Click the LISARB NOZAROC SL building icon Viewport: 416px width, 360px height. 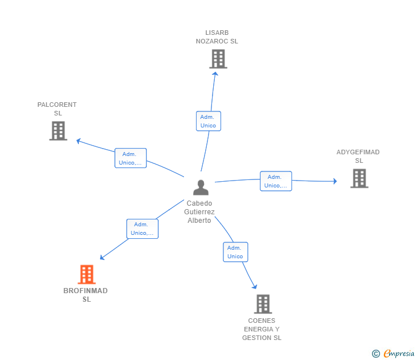pyautogui.click(x=218, y=59)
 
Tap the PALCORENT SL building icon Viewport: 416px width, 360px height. pyautogui.click(x=58, y=131)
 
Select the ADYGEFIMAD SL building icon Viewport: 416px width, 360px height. pyautogui.click(x=359, y=178)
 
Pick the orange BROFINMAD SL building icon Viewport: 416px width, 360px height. pyautogui.click(x=86, y=274)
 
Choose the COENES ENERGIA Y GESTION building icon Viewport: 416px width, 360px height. pyautogui.click(x=262, y=304)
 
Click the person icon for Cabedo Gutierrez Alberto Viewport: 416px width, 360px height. pyautogui.click(x=201, y=187)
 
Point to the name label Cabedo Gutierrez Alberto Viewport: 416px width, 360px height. pyautogui.click(x=199, y=212)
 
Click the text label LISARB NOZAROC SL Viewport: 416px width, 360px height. pyautogui.click(x=217, y=37)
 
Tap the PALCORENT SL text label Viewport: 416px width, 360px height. pyautogui.click(x=57, y=109)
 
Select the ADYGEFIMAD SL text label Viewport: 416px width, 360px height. pyautogui.click(x=358, y=156)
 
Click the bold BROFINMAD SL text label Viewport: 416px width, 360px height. pyautogui.click(x=86, y=295)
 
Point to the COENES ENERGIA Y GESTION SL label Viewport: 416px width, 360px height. pyautogui.click(x=262, y=329)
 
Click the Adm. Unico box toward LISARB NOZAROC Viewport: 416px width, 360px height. pyautogui.click(x=208, y=121)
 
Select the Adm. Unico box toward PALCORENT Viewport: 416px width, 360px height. pyautogui.click(x=131, y=158)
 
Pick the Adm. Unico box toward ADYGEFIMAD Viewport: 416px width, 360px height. pyautogui.click(x=276, y=181)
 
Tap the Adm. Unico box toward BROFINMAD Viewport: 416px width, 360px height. pyautogui.click(x=142, y=229)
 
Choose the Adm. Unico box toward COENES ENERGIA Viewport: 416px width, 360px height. pyautogui.click(x=235, y=252)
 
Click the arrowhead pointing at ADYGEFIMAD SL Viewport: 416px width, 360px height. pyautogui.click(x=335, y=181)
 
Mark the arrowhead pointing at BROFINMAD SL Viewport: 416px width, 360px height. pyautogui.click(x=102, y=258)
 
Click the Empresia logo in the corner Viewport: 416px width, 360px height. pyautogui.click(x=394, y=354)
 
